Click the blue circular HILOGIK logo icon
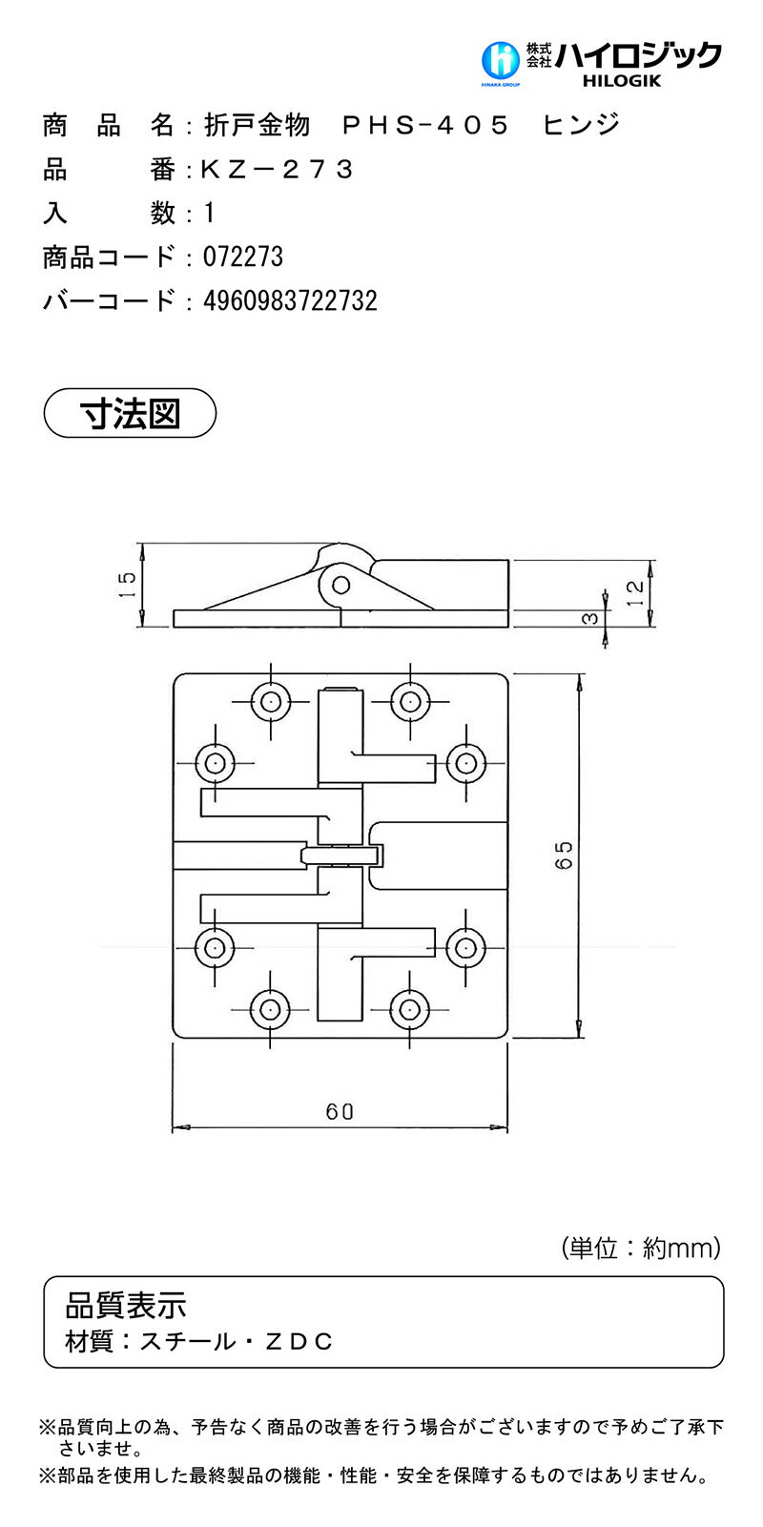pyautogui.click(x=501, y=60)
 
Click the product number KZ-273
pyautogui.click(x=278, y=169)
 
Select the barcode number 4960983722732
pyautogui.click(x=291, y=300)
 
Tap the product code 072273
pyautogui.click(x=243, y=257)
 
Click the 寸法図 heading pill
pyautogui.click(x=130, y=413)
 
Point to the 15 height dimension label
pyautogui.click(x=128, y=585)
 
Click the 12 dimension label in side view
pyautogui.click(x=635, y=593)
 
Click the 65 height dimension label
pyautogui.click(x=564, y=855)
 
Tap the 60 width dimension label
pyautogui.click(x=340, y=1112)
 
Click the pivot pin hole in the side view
pyautogui.click(x=340, y=585)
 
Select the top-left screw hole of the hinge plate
pyautogui.click(x=271, y=701)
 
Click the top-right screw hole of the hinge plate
pyautogui.click(x=409, y=701)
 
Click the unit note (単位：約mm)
pyautogui.click(x=641, y=1248)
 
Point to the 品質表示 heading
pyautogui.click(x=126, y=1306)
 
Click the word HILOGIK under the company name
pyautogui.click(x=622, y=81)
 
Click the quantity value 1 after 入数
pyautogui.click(x=209, y=214)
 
